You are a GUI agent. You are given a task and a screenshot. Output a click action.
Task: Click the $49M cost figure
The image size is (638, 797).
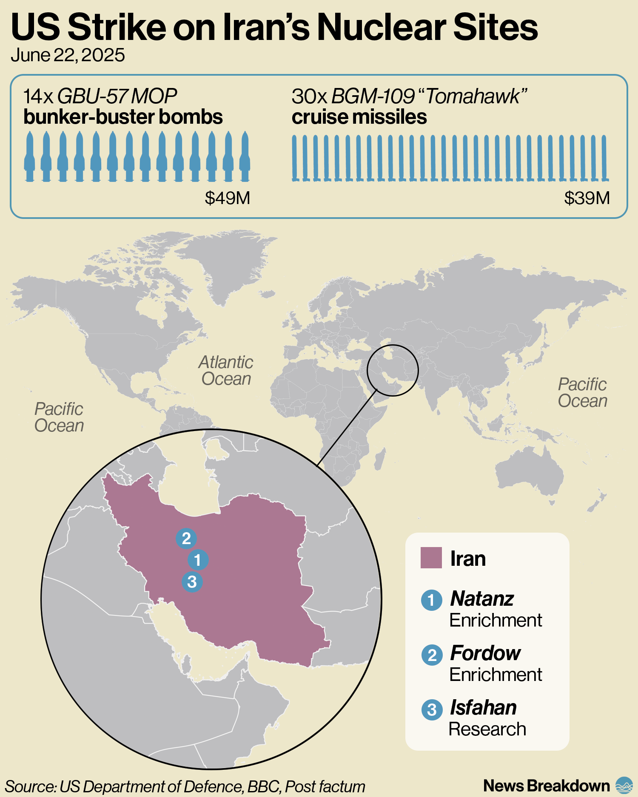click(227, 198)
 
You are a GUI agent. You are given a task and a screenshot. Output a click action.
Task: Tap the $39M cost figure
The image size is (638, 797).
click(587, 198)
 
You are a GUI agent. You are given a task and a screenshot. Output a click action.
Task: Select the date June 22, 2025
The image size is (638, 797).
click(68, 55)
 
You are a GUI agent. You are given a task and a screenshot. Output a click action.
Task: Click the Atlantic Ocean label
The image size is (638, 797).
click(226, 371)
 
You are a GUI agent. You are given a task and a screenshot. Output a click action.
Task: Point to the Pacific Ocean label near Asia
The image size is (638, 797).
click(582, 393)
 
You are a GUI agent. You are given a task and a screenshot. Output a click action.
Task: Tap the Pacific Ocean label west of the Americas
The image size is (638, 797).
click(59, 417)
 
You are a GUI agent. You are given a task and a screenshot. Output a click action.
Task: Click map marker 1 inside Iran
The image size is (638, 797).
click(198, 560)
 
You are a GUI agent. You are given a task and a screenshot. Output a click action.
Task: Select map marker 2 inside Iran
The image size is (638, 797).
click(186, 539)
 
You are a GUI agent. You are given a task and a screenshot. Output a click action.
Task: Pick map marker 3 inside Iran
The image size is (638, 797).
click(192, 581)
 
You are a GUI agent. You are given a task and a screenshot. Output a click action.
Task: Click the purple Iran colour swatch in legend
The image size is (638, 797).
click(431, 558)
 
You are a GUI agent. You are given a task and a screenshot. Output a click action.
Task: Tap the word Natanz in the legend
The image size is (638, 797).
click(482, 598)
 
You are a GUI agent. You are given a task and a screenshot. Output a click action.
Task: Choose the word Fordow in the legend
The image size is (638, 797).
click(485, 653)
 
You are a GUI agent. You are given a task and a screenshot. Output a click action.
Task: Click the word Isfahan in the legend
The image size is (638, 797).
click(483, 708)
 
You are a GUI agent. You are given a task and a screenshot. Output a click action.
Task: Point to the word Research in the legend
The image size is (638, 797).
click(487, 729)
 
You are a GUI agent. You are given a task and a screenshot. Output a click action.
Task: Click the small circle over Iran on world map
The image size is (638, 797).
click(393, 370)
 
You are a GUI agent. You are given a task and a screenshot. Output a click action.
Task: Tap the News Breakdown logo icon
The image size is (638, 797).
click(624, 786)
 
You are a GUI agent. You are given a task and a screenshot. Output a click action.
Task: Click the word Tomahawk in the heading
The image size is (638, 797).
click(473, 97)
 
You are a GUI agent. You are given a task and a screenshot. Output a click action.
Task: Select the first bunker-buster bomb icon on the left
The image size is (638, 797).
click(29, 156)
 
